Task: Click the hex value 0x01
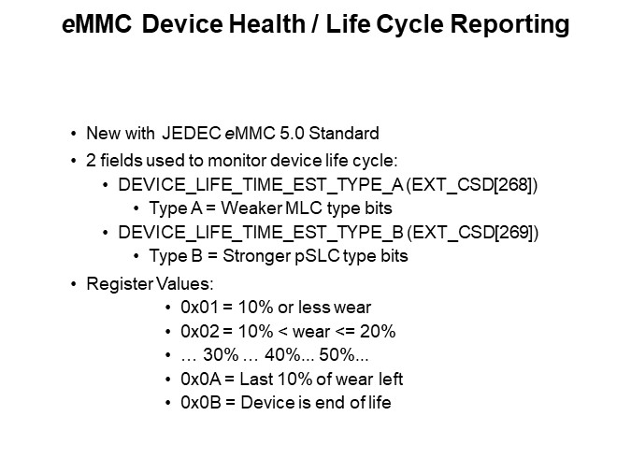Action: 196,308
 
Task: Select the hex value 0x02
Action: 196,333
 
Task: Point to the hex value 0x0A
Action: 196,380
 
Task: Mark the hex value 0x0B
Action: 196,404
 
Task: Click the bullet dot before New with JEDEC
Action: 74,133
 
